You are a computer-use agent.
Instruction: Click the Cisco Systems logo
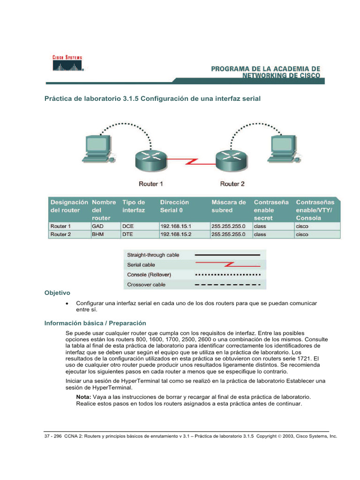[x=67, y=64]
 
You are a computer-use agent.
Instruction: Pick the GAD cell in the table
[x=97, y=226]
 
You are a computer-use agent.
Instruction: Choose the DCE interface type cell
[x=128, y=226]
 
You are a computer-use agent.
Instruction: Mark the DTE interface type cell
[x=128, y=234]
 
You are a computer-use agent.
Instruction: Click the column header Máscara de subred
[x=229, y=206]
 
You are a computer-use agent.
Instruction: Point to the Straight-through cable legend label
[x=153, y=255]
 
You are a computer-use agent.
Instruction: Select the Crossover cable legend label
[x=146, y=285]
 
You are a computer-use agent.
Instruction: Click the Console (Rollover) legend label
[x=149, y=275]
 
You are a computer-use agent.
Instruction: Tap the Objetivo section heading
[x=57, y=292]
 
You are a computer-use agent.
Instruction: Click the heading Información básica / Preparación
[x=95, y=323]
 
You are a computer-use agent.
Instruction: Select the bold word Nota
[x=84, y=397]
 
